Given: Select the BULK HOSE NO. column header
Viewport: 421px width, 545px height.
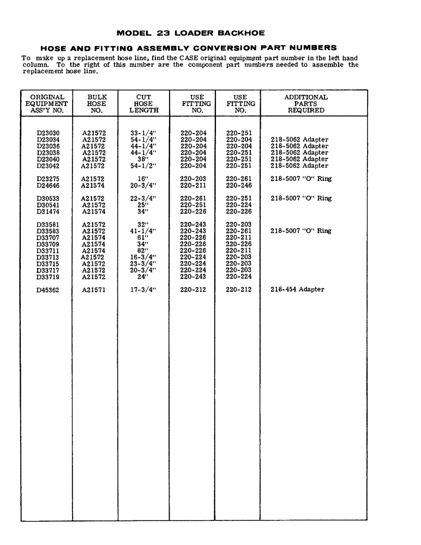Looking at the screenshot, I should tap(97, 104).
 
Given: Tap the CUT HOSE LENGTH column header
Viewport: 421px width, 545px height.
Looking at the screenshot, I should tap(144, 104).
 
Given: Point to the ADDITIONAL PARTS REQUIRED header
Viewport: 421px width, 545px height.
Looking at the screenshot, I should tap(306, 104).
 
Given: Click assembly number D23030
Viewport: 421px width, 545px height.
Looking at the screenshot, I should tap(49, 133).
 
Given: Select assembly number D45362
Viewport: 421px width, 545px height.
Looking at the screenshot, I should tap(48, 290).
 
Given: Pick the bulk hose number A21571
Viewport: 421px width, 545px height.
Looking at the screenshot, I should tap(94, 290).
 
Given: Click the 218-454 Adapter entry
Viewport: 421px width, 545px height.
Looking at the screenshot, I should tap(297, 290).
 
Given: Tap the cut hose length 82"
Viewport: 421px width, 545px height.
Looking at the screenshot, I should tap(143, 251).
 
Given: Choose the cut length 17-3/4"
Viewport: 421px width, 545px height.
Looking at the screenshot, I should tap(143, 290).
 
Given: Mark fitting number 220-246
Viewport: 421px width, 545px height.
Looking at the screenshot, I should tap(239, 185).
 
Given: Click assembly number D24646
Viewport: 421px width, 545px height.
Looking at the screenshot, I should tap(48, 185).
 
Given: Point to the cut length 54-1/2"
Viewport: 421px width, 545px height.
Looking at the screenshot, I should tap(143, 166).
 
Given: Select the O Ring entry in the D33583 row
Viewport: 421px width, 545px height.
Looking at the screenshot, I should tap(301, 231).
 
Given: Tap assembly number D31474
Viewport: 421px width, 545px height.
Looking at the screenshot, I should tap(48, 211).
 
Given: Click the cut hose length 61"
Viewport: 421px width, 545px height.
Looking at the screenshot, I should tap(143, 238).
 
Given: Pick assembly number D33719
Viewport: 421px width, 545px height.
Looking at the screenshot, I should tap(48, 277).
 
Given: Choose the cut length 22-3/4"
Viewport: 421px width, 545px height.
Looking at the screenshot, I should tap(143, 198).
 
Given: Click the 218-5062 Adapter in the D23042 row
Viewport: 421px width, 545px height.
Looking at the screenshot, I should tap(299, 166).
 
